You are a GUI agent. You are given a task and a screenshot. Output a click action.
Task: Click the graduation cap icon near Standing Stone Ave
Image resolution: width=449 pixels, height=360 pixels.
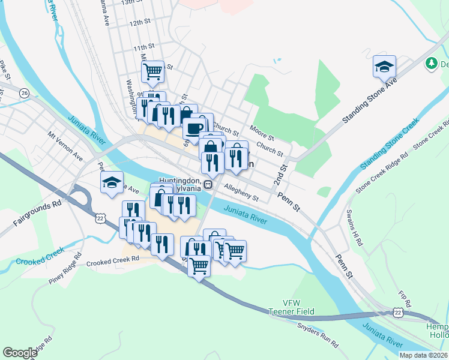384,67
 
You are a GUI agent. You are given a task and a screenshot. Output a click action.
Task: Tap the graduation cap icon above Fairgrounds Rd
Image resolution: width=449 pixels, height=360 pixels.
112,183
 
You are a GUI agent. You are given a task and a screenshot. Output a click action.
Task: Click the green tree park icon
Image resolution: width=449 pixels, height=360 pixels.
431,63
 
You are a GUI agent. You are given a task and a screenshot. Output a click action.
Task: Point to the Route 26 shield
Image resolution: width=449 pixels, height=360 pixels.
24,93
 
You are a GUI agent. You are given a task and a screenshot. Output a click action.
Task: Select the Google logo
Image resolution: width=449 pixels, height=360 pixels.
20,353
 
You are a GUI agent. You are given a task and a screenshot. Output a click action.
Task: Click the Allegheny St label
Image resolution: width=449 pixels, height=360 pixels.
240,193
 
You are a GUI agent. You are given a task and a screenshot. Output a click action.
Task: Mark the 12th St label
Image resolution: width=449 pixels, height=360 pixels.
139,22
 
